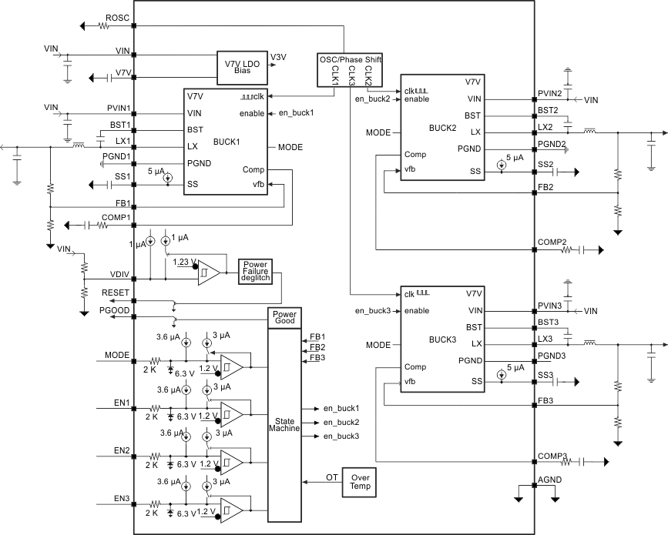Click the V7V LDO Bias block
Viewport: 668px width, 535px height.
point(242,65)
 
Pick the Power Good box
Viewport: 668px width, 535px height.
point(284,318)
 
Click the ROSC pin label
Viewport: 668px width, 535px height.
point(116,17)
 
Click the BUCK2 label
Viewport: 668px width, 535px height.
point(442,129)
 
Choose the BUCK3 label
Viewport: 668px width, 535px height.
point(442,339)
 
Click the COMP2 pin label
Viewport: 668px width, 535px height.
point(552,242)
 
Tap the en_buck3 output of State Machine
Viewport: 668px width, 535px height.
point(341,436)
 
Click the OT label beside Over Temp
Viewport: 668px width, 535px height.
point(331,477)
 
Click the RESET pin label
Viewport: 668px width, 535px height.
point(116,293)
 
